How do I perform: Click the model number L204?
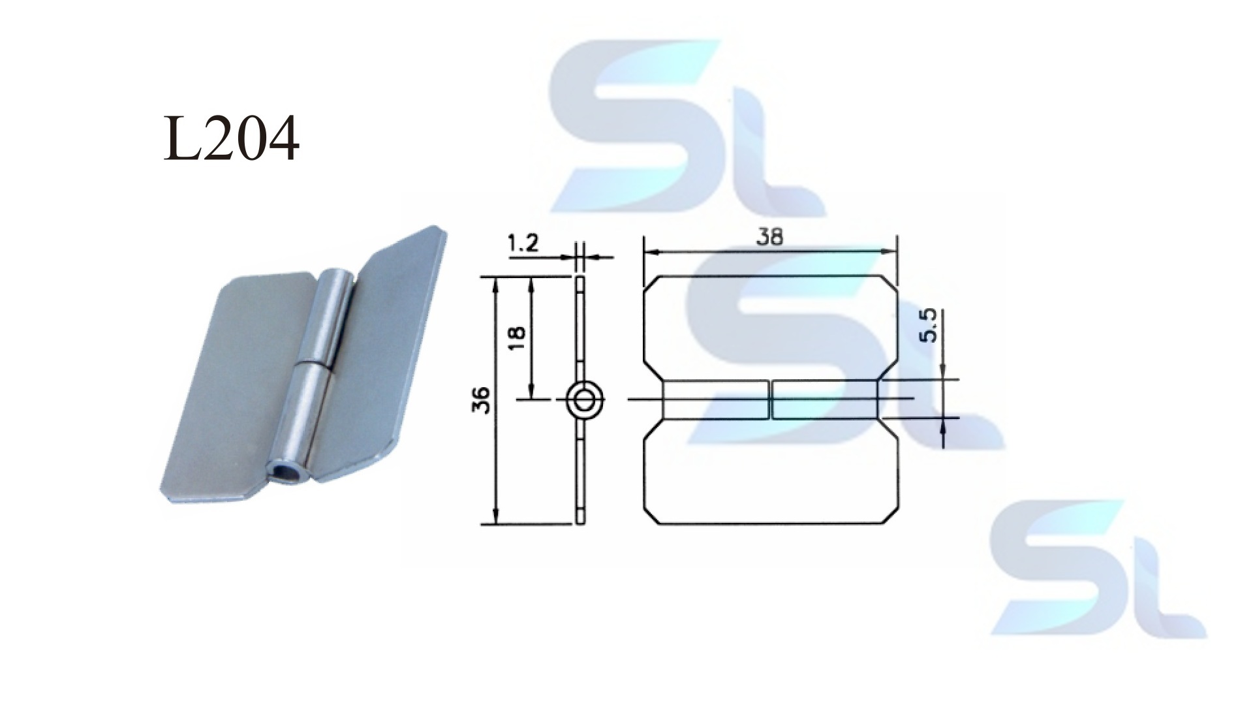[231, 139]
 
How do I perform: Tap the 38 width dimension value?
[770, 237]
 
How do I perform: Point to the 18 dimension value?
[516, 337]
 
